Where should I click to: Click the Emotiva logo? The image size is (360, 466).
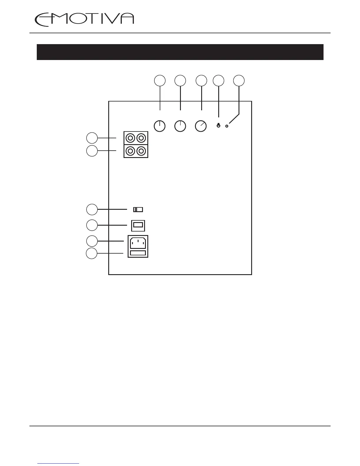(84, 20)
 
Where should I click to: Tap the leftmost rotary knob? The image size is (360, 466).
(160, 126)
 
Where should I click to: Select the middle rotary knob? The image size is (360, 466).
(180, 126)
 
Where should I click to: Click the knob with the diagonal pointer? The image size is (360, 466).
(201, 126)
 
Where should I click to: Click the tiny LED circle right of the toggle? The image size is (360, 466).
(227, 126)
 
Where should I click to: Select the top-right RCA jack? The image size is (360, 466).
(141, 138)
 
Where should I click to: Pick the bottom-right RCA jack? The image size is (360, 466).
(141, 151)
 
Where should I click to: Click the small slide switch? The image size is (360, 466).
(138, 209)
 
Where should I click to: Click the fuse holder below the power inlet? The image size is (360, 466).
(138, 253)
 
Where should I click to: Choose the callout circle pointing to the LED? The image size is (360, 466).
(239, 81)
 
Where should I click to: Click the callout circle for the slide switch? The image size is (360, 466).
(92, 209)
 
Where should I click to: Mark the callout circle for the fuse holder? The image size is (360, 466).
(91, 253)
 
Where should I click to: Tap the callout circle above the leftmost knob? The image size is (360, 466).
(160, 81)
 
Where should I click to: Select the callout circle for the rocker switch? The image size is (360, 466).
(92, 225)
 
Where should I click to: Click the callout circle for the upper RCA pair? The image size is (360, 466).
(92, 138)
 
